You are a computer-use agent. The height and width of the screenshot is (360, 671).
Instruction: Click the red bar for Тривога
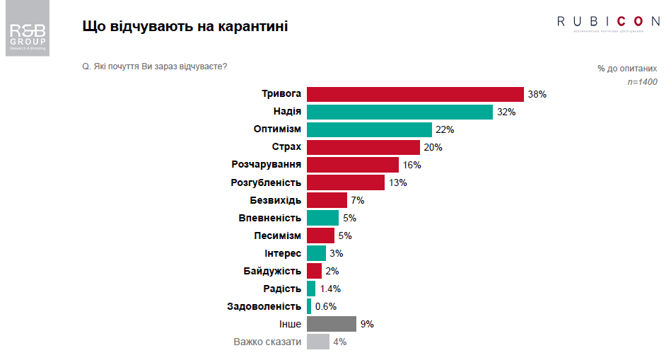click(415, 94)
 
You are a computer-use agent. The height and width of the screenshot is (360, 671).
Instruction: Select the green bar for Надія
click(399, 112)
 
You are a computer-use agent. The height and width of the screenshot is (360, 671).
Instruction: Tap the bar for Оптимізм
click(369, 129)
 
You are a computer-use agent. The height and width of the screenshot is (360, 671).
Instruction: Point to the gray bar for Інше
click(332, 324)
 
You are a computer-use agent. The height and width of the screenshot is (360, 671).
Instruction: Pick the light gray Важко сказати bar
click(318, 342)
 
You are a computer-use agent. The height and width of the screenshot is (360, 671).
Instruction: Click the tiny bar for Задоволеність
click(309, 306)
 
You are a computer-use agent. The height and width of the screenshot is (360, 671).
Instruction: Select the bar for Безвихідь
click(327, 200)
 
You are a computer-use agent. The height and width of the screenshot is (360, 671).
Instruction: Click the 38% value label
click(537, 94)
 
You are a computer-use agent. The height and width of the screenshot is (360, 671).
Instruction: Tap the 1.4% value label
click(330, 289)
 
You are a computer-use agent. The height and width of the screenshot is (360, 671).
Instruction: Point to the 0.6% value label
click(325, 306)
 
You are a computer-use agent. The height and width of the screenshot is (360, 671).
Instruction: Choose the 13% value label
click(398, 182)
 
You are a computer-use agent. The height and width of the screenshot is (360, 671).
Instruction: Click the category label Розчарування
click(267, 165)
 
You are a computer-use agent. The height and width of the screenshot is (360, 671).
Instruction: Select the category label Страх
click(286, 147)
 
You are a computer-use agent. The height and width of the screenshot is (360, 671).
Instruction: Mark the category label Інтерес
click(282, 253)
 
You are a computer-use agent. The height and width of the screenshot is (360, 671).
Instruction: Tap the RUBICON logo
click(608, 22)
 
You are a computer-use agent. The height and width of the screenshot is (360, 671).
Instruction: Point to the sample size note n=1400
click(642, 82)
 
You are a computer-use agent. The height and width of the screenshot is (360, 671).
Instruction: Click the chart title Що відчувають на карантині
click(185, 27)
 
